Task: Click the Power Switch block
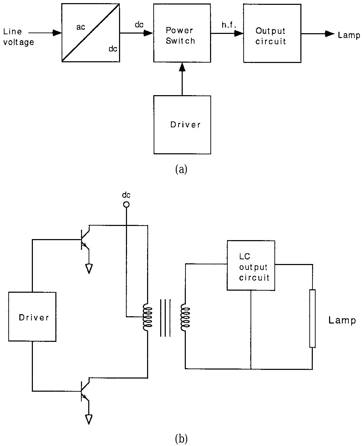tap(182, 33)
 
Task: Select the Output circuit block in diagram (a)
tap(272, 33)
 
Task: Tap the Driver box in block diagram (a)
tap(182, 125)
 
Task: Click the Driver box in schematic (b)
tap(32, 317)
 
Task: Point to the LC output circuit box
tap(251, 265)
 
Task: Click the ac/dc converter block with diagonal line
tap(91, 33)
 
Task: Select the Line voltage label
tap(18, 37)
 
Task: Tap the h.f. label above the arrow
tap(228, 25)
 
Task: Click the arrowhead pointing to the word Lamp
tap(330, 34)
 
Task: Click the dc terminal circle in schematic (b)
tap(126, 204)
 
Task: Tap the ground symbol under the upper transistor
tap(89, 268)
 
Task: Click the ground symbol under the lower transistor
tap(89, 419)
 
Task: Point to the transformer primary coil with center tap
tap(147, 317)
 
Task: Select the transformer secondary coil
tap(185, 317)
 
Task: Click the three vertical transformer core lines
tap(165, 318)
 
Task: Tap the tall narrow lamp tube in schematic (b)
tap(312, 318)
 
